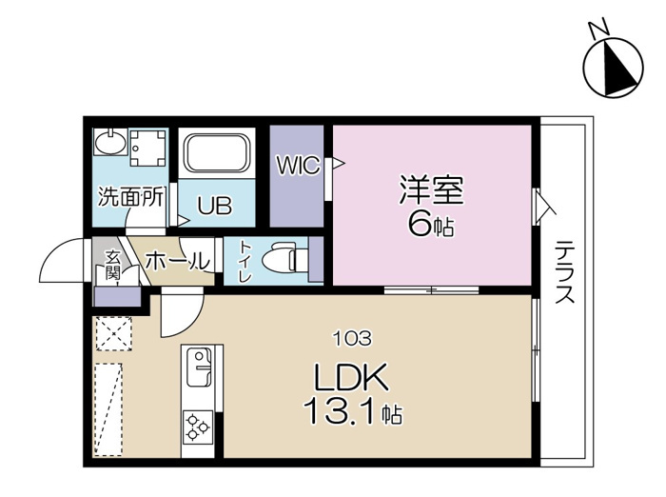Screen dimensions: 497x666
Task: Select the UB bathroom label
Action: [214, 205]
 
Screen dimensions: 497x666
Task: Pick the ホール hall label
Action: [178, 259]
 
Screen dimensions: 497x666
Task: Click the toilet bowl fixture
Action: [284, 259]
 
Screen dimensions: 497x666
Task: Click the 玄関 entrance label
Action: [112, 267]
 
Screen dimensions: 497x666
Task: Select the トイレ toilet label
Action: [245, 261]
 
